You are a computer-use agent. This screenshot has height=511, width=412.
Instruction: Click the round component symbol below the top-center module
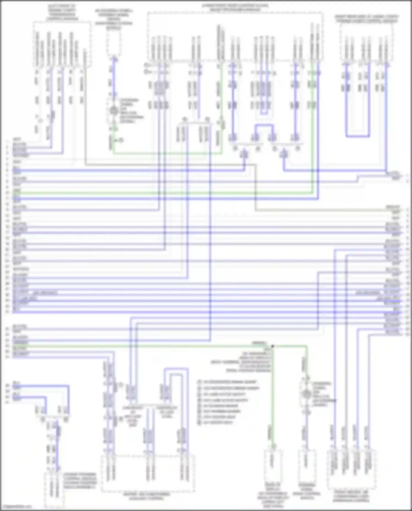[x=113, y=111]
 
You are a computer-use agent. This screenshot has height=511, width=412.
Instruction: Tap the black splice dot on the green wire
[x=273, y=347]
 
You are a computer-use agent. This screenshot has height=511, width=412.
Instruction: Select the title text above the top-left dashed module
[x=62, y=12]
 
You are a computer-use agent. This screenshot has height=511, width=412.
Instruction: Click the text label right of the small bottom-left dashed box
[x=80, y=481]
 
